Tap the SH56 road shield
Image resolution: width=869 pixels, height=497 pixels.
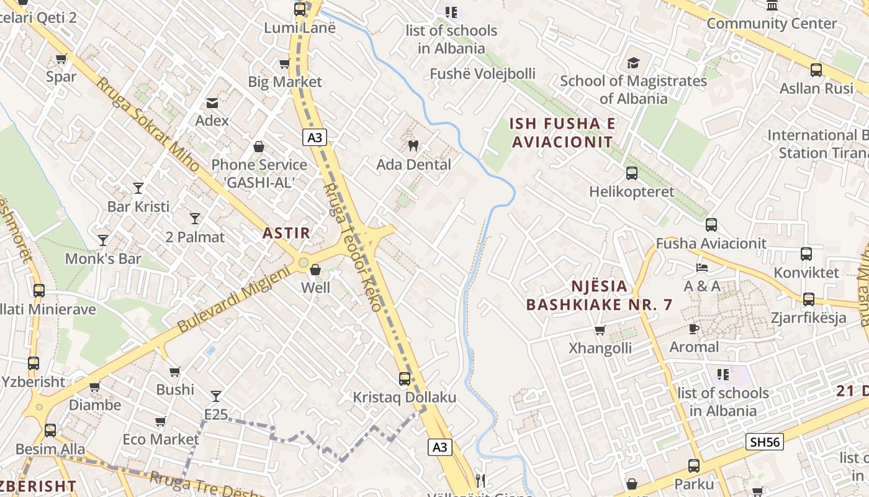pos(764,442)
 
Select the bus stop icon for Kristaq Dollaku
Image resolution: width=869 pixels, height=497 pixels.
pos(405,378)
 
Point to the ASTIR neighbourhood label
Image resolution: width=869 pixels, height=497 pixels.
pos(286,233)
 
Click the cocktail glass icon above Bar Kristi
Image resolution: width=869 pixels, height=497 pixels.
pos(138,188)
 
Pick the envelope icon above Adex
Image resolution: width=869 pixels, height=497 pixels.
pos(212,103)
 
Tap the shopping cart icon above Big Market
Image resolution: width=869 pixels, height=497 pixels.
pos(284,63)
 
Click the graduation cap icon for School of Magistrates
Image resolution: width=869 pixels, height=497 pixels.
pos(633,63)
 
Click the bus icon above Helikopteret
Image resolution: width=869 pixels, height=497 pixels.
pos(632,173)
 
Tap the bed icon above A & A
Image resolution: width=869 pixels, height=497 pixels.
pos(702,268)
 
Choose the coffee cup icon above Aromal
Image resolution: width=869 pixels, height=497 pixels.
pos(694,329)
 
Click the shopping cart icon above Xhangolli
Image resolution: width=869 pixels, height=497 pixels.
pos(600,330)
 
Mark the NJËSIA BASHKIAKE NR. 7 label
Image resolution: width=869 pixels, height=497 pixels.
pos(599,296)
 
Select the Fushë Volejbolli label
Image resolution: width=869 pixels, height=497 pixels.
pos(482,74)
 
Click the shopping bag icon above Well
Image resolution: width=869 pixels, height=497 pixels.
pos(315,270)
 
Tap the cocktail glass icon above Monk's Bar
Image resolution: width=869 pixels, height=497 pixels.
pos(103,240)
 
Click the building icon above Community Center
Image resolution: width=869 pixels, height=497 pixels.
pos(772,6)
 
